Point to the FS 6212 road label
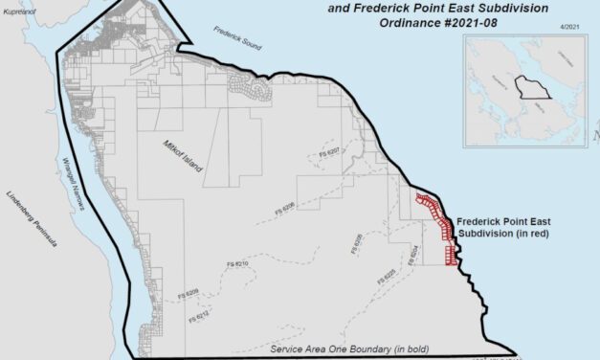pos(200,314)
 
